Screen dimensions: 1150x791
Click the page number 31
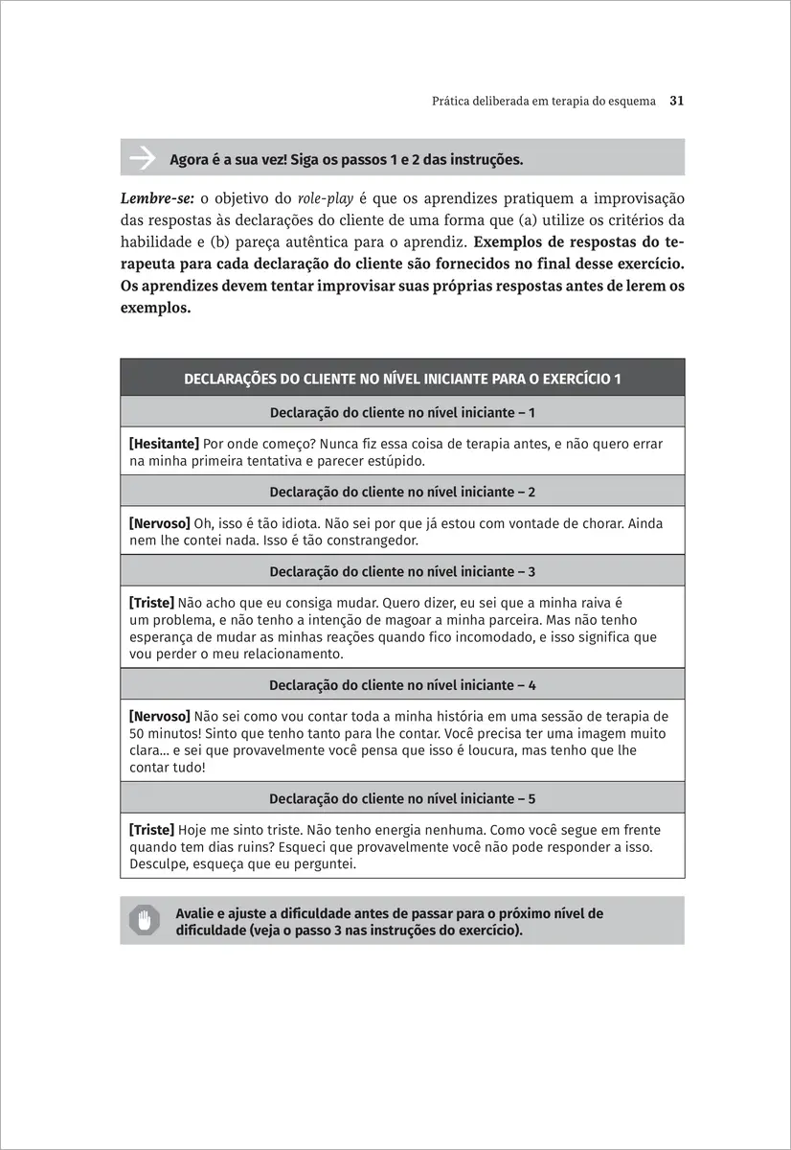pos(675,100)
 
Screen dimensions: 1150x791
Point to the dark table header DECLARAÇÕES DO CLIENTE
pos(402,379)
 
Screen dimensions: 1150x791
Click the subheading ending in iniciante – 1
pos(402,412)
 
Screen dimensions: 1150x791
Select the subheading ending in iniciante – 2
pos(402,492)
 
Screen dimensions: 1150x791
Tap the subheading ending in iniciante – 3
pos(402,571)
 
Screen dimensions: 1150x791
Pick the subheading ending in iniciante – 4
pos(402,685)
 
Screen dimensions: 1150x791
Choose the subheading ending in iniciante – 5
pos(402,798)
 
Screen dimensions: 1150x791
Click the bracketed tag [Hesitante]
pos(164,444)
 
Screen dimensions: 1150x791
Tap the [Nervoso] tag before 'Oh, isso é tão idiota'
pos(159,523)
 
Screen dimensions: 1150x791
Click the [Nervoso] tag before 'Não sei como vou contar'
pos(159,716)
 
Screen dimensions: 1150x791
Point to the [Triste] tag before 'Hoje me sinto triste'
pos(151,830)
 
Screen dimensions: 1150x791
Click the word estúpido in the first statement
pos(395,461)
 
